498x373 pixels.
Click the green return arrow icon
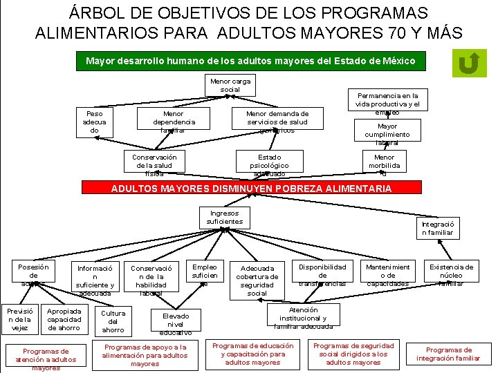pyautogui.click(x=469, y=64)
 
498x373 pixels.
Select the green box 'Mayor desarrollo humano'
pyautogui.click(x=250, y=61)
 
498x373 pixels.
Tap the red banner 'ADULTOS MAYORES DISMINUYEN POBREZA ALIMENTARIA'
pyautogui.click(x=251, y=188)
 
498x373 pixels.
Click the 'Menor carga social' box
pyautogui.click(x=230, y=86)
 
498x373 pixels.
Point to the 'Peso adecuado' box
pyautogui.click(x=94, y=122)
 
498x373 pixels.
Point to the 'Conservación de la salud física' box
pyautogui.click(x=154, y=165)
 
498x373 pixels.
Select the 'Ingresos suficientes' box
pyautogui.click(x=225, y=218)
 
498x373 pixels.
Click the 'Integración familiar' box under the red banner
pyautogui.click(x=438, y=229)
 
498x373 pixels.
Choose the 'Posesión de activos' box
pyautogui.click(x=33, y=275)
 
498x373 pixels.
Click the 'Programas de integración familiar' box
pyautogui.click(x=448, y=354)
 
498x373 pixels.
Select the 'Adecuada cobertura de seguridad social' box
pyautogui.click(x=257, y=280)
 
